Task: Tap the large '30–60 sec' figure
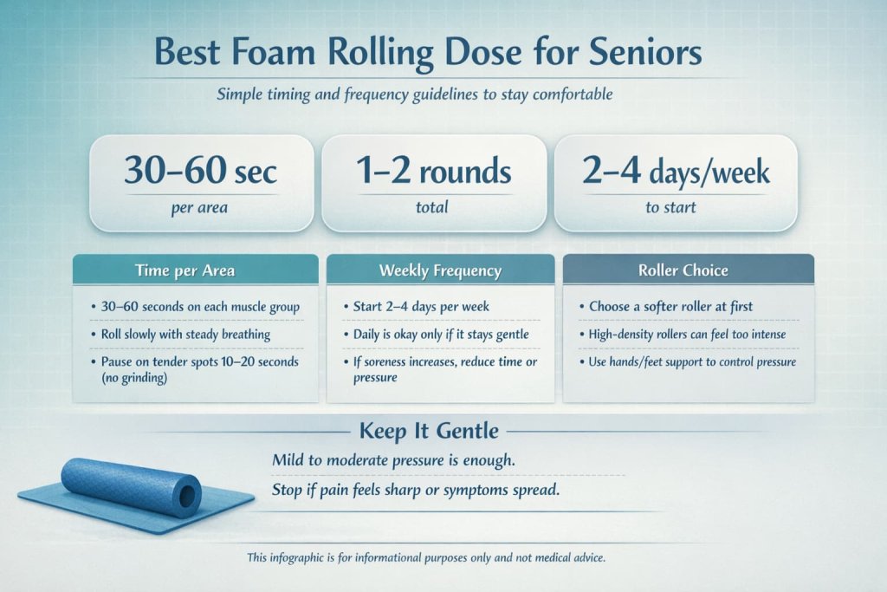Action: point(201,172)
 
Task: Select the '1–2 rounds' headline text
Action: point(434,172)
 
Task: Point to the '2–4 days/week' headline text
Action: point(676,172)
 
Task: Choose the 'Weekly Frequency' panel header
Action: point(440,270)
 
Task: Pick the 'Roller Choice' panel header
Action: point(688,270)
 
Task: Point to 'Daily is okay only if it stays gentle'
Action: point(440,334)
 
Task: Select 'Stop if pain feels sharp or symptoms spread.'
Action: point(416,490)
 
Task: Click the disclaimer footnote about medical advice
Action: point(426,557)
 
